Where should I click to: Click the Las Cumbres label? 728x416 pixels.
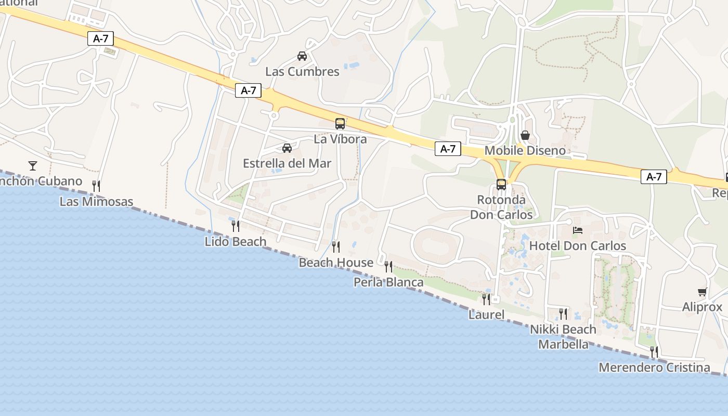(302, 72)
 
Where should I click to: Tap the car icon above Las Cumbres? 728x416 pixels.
(302, 56)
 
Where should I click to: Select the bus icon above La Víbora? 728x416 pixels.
(340, 124)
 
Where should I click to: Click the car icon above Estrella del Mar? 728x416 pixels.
(287, 148)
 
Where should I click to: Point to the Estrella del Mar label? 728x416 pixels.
(287, 163)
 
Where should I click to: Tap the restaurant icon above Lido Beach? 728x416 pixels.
(236, 226)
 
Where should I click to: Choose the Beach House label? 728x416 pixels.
(336, 263)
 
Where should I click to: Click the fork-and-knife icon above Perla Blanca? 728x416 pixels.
(388, 267)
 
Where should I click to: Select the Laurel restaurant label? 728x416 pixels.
(486, 315)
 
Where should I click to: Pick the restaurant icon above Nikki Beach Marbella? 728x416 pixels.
(563, 314)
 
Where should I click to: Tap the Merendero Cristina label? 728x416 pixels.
(654, 368)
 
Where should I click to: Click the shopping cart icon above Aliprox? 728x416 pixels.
(702, 292)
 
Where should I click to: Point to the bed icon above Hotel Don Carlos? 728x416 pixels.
(578, 230)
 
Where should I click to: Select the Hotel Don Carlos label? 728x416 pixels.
(578, 245)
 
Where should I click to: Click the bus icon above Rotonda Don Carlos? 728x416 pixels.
(501, 184)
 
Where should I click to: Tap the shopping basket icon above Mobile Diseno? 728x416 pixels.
(525, 135)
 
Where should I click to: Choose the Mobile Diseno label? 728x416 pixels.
(525, 151)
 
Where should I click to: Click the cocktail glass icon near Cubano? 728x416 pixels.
(33, 166)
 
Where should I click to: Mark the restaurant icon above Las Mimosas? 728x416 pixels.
(96, 186)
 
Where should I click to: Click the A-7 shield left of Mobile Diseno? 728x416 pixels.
(448, 149)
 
